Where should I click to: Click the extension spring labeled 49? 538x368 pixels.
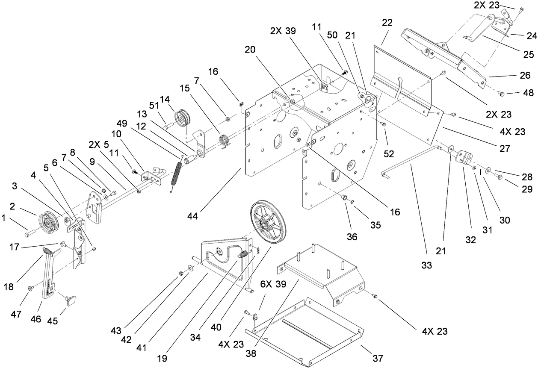point(176,175)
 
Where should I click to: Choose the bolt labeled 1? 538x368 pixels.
point(29,234)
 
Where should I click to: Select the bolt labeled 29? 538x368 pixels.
point(498,175)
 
